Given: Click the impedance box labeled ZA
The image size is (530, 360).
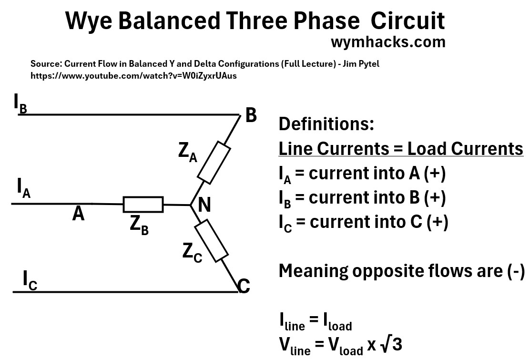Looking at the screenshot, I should (214, 162).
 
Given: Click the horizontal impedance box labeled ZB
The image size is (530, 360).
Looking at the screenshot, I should (143, 205).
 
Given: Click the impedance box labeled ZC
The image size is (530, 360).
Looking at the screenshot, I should (210, 240).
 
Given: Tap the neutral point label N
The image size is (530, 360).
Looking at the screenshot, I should (204, 205).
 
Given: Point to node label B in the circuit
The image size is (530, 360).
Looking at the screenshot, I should (251, 115).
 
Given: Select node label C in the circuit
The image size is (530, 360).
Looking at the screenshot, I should (244, 287).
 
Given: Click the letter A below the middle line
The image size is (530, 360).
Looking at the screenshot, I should (79, 214).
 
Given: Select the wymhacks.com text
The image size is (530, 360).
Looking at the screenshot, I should (388, 42).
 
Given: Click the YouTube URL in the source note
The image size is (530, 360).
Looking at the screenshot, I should (133, 75).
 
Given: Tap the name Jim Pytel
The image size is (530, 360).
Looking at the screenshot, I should (360, 63).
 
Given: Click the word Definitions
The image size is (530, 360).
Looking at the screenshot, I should (326, 124).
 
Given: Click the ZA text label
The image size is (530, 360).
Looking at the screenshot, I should (187, 152).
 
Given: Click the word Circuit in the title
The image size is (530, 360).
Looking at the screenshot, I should (408, 21).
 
